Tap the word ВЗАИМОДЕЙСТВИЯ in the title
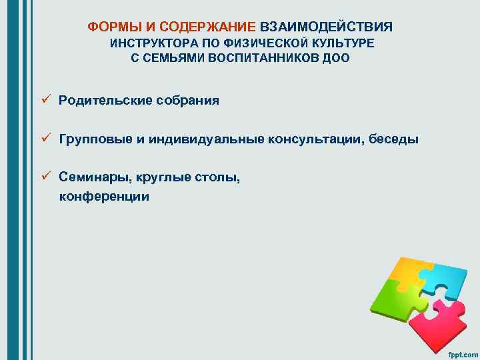[x=326, y=27]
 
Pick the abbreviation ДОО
[x=335, y=58]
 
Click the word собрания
[x=188, y=101]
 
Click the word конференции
[x=104, y=197]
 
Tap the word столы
[x=217, y=177]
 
